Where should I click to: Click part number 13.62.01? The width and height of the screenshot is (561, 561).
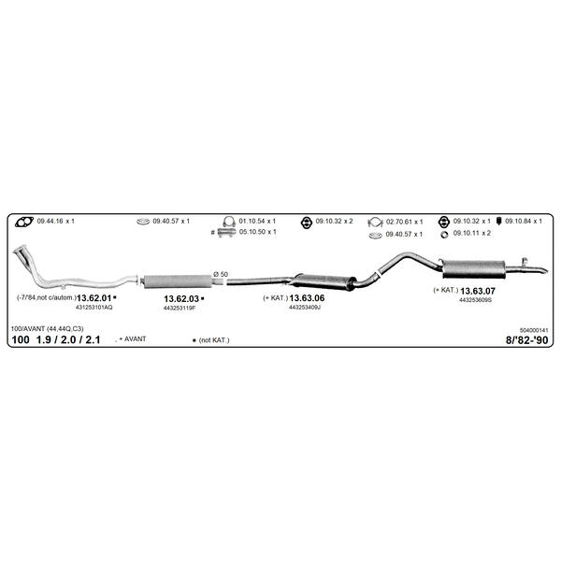[94, 297]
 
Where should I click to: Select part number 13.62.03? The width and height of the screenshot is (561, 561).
[181, 299]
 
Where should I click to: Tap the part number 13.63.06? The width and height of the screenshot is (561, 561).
[307, 298]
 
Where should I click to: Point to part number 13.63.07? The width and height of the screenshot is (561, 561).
[478, 291]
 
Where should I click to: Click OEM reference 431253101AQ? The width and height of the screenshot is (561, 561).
[94, 308]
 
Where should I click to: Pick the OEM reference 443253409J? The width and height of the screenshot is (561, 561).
[305, 308]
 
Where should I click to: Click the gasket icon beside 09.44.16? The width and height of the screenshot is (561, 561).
[24, 222]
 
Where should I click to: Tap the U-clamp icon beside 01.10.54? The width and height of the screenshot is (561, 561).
[229, 222]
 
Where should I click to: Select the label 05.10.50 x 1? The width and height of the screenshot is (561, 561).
[258, 232]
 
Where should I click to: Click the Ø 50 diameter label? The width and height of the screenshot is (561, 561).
[221, 274]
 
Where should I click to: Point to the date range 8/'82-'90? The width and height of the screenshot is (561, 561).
[526, 340]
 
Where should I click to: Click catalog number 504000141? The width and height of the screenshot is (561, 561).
[534, 330]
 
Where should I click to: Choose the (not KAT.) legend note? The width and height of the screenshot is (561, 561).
[214, 340]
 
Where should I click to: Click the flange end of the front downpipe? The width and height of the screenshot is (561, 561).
[20, 249]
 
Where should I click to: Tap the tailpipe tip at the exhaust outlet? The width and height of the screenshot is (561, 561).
[544, 270]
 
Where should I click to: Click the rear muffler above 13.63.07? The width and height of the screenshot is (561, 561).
[474, 269]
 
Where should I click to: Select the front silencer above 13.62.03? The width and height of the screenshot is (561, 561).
[178, 281]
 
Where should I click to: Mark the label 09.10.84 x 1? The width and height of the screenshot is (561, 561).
[524, 221]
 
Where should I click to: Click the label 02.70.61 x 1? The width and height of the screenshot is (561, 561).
[404, 222]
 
